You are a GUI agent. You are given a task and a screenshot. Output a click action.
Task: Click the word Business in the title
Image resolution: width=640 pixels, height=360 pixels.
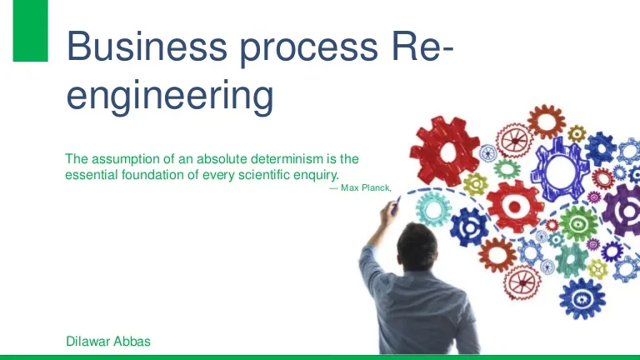click(147, 46)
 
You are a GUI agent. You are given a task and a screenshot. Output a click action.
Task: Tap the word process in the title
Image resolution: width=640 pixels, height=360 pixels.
click(309, 50)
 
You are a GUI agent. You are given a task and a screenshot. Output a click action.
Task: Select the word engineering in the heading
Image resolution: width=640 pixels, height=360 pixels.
click(170, 97)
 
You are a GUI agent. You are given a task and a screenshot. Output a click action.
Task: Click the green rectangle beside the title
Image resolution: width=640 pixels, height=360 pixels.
click(31, 31)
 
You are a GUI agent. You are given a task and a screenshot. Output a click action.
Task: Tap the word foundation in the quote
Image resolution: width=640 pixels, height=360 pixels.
click(153, 175)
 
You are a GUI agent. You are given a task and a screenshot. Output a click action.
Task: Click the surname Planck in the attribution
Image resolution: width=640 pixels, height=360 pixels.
click(377, 187)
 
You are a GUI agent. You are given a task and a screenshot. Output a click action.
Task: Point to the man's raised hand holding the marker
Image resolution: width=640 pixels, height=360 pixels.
click(388, 213)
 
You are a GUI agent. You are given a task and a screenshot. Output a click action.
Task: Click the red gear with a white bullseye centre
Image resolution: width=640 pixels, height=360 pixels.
click(515, 207)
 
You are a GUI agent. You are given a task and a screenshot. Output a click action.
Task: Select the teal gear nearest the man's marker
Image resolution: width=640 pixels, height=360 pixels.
click(433, 209)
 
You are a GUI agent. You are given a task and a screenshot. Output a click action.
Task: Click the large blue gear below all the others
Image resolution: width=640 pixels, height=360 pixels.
click(582, 299)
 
